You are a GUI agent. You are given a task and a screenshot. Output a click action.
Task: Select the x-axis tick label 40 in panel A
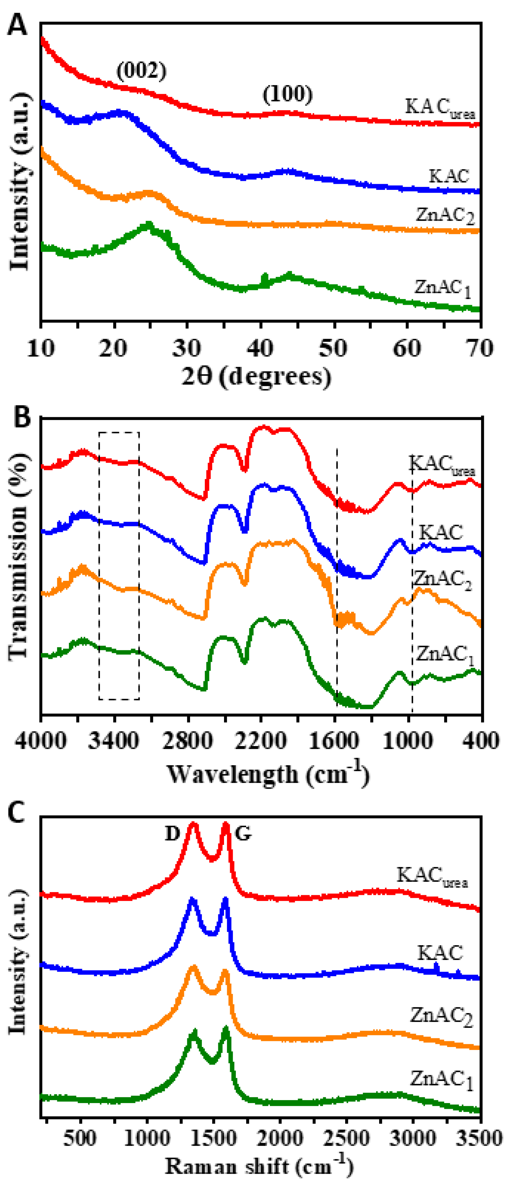click(x=260, y=348)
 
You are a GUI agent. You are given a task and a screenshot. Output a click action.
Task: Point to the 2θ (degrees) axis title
click(x=256, y=376)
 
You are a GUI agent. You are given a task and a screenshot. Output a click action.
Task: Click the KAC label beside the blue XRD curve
click(x=449, y=176)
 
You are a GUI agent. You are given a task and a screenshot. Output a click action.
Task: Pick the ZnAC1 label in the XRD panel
click(x=442, y=288)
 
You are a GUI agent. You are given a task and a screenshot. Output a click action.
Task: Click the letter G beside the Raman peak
click(x=243, y=833)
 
